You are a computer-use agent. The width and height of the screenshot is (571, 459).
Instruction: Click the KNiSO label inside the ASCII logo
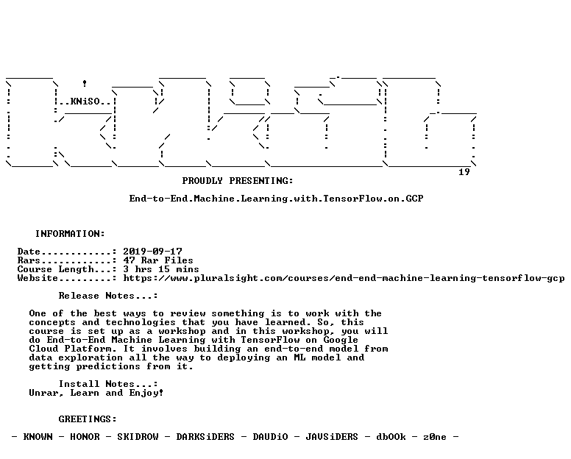[85, 102]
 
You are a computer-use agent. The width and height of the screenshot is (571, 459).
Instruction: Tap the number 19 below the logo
[464, 172]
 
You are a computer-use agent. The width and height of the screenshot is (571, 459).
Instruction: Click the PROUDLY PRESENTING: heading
[238, 181]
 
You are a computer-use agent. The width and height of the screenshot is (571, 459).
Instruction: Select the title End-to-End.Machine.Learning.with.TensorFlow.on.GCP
[276, 199]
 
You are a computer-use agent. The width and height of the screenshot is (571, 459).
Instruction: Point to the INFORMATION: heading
[70, 234]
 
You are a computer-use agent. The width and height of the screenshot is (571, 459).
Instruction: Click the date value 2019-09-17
[152, 252]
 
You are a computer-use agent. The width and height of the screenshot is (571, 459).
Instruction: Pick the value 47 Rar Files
[158, 260]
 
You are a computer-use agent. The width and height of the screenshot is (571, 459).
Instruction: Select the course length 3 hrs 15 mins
[161, 269]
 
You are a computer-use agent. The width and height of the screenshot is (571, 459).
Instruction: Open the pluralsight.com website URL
[344, 279]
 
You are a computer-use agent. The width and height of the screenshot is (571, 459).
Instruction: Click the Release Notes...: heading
[108, 296]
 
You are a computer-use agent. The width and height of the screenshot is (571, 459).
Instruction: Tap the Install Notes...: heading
[108, 384]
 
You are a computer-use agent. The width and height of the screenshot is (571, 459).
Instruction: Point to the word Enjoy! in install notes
[146, 393]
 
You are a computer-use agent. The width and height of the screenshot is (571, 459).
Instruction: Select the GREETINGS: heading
[88, 419]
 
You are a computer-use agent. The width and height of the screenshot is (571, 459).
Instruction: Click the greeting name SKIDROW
[138, 437]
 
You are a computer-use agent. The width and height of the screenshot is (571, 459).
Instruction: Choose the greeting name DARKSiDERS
[205, 437]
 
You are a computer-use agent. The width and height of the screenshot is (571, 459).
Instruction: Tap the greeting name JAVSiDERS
[332, 437]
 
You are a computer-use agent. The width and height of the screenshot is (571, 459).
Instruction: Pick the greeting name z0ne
[434, 437]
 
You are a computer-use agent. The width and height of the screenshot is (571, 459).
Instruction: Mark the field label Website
[38, 279]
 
